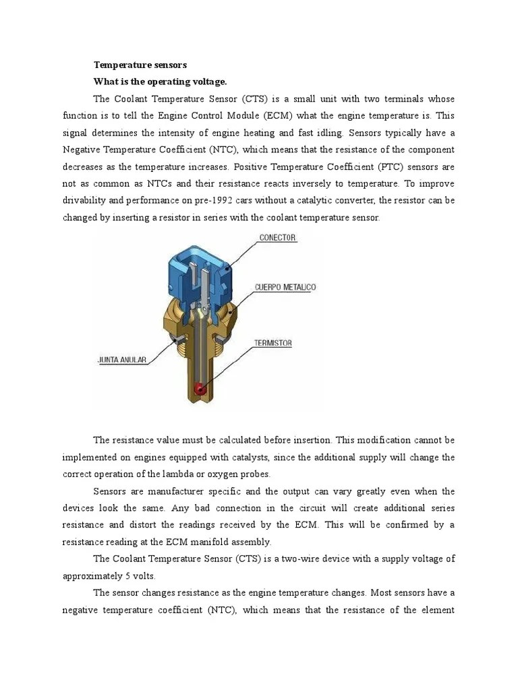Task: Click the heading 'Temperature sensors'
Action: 140,65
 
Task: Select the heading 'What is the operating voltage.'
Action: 160,82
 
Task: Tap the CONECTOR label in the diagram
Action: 277,238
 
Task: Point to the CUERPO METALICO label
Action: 285,287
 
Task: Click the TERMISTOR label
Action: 272,343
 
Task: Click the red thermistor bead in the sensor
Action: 199,388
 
